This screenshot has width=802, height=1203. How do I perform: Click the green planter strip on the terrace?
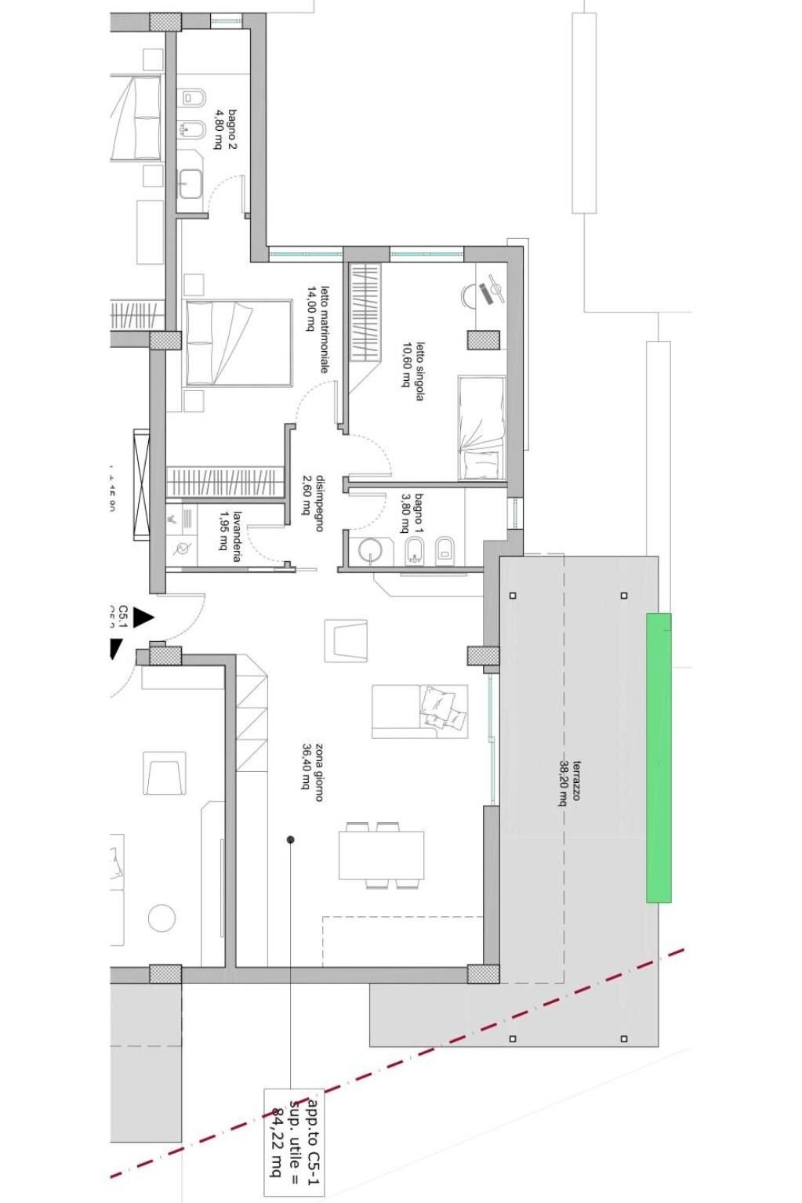pos(659,757)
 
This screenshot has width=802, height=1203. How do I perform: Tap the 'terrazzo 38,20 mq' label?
pos(570,782)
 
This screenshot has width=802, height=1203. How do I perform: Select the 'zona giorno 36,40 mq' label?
pos(313,773)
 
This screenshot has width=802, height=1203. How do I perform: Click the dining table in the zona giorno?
pos(382,854)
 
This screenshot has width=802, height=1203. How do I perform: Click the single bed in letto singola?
pos(481,427)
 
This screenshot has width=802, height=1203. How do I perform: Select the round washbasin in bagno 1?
pos(368,550)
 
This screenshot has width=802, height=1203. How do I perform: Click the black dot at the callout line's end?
pos(291,839)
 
